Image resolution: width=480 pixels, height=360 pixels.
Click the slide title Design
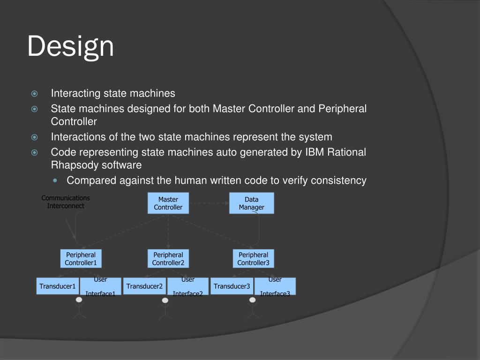click(70, 47)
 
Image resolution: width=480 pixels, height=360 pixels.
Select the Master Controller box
click(168, 203)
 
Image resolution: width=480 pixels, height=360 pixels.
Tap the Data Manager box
click(251, 203)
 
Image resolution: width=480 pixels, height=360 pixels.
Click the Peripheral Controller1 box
click(81, 259)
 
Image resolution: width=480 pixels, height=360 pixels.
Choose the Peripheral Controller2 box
click(168, 259)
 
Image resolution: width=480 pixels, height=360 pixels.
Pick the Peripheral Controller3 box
click(253, 259)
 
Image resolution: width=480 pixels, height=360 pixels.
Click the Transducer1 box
click(58, 286)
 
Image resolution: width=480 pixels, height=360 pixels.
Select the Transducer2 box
click(145, 286)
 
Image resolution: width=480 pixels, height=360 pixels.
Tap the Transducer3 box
click(232, 286)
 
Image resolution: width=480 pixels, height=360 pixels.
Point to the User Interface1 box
click(100, 286)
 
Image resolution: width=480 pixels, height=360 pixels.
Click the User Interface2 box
click(187, 286)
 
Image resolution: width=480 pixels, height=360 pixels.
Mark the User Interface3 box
click(275, 286)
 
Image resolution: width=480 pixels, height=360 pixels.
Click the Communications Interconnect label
click(66, 202)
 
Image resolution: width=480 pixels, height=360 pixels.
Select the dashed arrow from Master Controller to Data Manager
click(209, 203)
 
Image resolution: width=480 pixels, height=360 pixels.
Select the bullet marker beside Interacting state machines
click(34, 93)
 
